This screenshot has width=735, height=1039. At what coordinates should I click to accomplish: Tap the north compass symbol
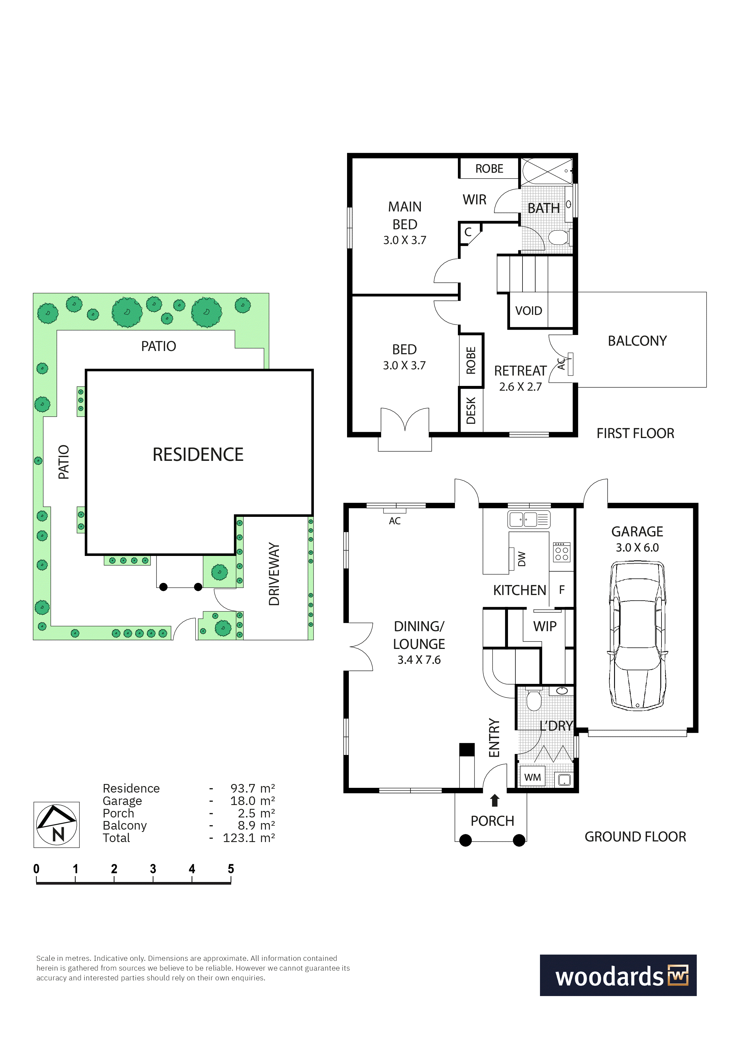pyautogui.click(x=57, y=825)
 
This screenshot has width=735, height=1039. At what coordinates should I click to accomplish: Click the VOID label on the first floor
pyautogui.click(x=528, y=311)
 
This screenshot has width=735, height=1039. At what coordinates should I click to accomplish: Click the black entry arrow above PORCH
pyautogui.click(x=495, y=800)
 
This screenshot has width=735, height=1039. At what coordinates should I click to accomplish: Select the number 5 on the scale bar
pyautogui.click(x=231, y=869)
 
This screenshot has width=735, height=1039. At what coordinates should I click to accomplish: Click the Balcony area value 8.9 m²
pyautogui.click(x=256, y=825)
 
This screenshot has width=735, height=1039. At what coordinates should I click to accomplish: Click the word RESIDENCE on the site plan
pyautogui.click(x=198, y=454)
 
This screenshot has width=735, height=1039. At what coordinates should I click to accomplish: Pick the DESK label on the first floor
pyautogui.click(x=471, y=411)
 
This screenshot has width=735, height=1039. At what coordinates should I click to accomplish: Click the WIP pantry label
pyautogui.click(x=545, y=626)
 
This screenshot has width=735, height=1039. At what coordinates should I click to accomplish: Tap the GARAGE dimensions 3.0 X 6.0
pyautogui.click(x=637, y=548)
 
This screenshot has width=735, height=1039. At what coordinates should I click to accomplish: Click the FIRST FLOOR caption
pyautogui.click(x=635, y=434)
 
